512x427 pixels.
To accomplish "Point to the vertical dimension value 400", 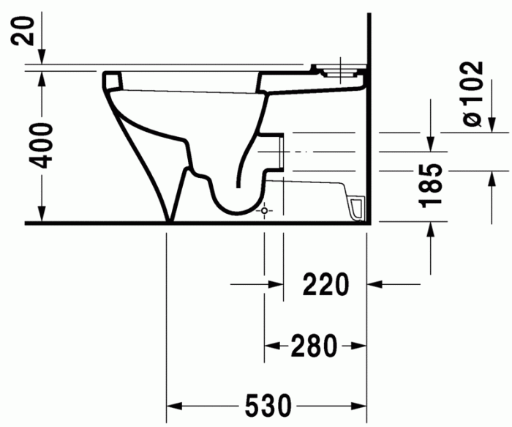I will coord(43,145).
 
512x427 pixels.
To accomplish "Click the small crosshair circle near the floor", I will coord(265,210).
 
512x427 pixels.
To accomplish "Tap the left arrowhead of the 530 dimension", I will coord(173,405).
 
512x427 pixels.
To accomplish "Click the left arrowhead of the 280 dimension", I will coord(268,344).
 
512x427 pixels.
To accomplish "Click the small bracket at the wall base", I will coord(356,209).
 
